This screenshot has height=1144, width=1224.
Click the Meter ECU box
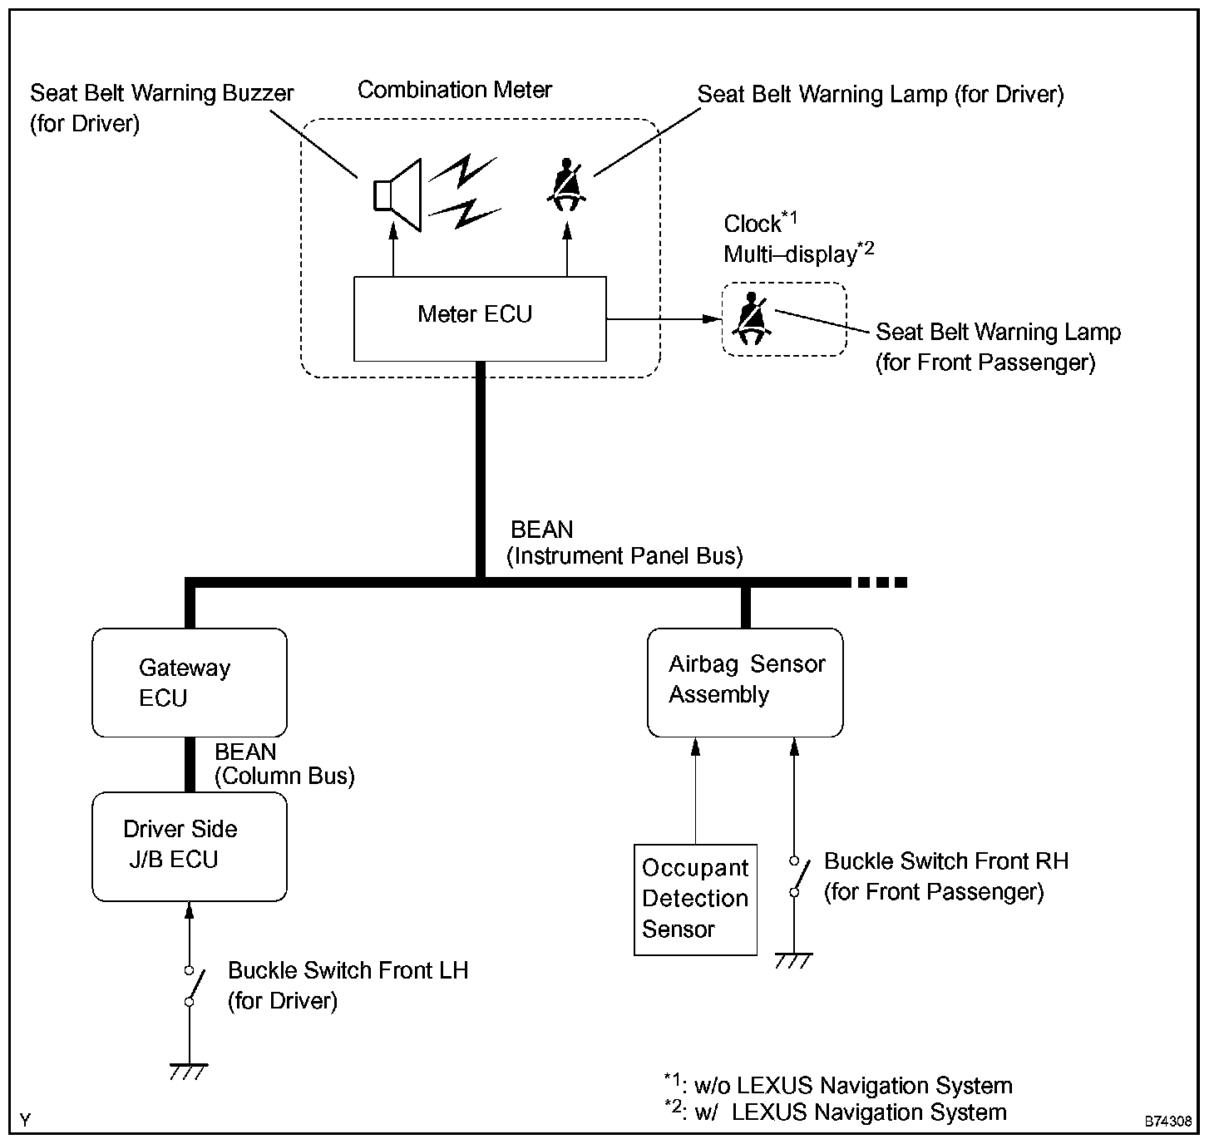(480, 318)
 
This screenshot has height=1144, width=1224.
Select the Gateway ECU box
(190, 683)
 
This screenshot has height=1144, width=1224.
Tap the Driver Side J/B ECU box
(190, 846)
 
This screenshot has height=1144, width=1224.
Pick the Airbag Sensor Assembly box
(745, 683)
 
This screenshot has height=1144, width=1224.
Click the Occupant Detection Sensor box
(695, 900)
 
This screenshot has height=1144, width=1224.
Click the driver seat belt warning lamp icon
(567, 185)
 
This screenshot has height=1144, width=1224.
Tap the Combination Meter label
(455, 90)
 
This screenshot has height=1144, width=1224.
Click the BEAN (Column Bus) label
(284, 764)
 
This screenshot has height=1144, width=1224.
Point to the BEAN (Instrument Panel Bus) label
(624, 543)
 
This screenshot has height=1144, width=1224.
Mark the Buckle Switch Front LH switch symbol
(190, 986)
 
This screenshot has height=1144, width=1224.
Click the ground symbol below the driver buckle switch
(189, 1071)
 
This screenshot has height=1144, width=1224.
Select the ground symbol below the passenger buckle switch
(793, 960)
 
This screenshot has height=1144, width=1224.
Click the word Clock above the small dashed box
(753, 224)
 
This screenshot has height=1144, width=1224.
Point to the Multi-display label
(790, 254)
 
